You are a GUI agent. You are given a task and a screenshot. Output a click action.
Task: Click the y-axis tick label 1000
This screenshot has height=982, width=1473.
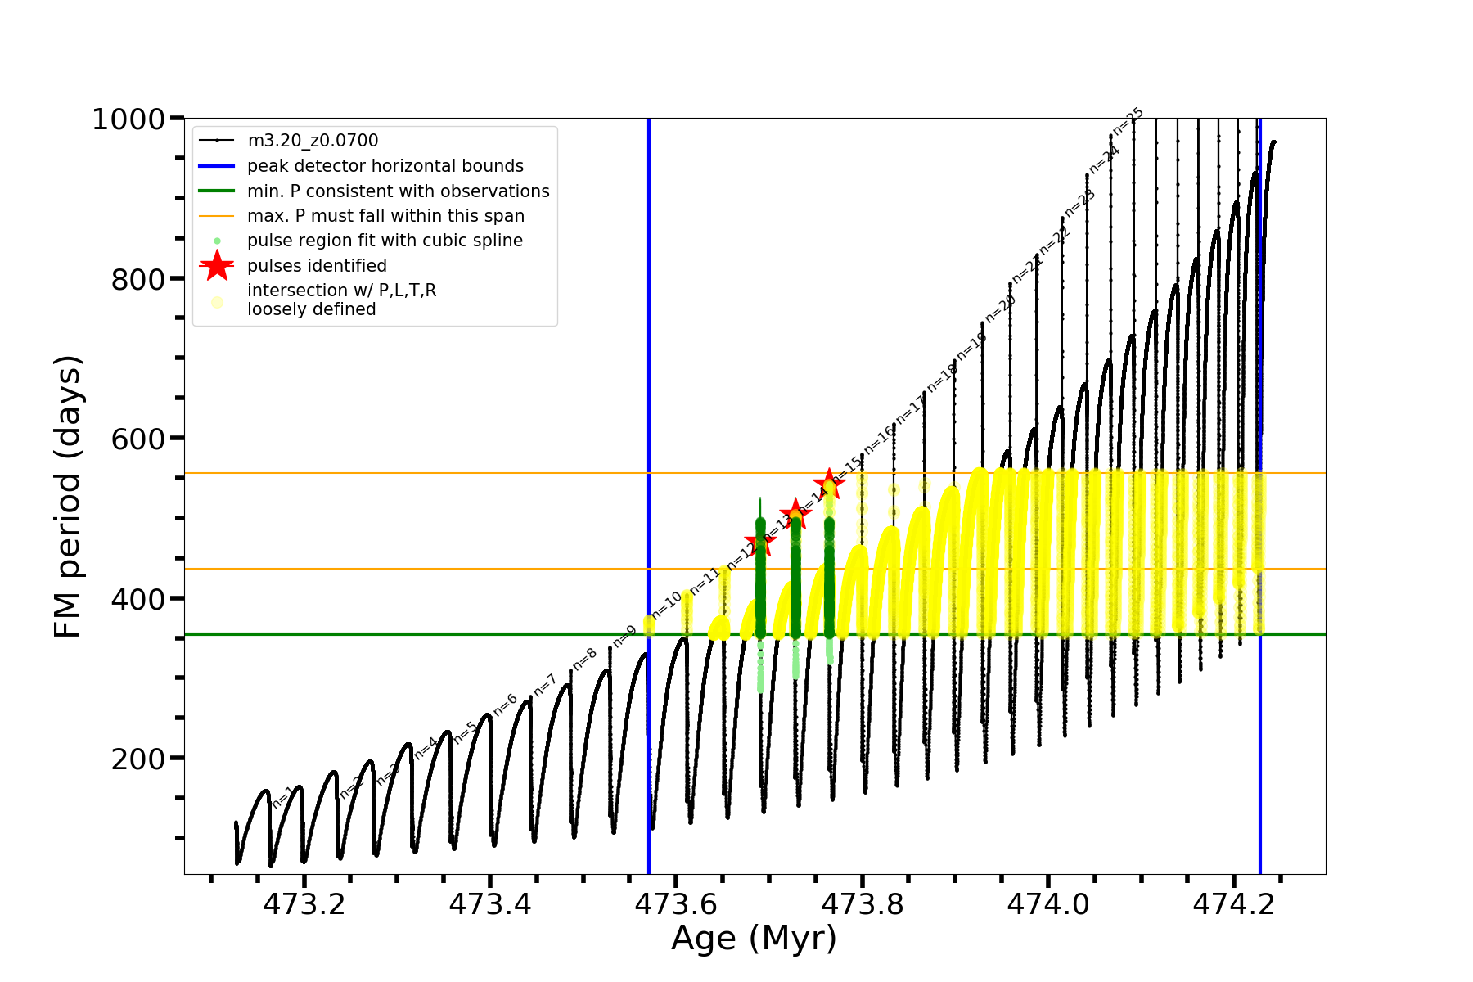point(128,119)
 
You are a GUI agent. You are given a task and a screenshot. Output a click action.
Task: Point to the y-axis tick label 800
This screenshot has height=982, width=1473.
point(137,280)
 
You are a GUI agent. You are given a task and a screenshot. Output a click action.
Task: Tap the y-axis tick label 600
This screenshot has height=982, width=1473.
point(137,439)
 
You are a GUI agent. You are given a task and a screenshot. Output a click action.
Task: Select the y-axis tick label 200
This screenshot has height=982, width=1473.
point(137,759)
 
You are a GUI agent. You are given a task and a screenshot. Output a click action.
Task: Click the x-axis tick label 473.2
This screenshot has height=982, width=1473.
point(304,904)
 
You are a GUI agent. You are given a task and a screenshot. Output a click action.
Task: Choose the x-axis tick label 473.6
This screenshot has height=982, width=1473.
point(676,904)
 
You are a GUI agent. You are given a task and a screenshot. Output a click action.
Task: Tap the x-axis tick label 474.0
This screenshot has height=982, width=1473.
point(1047,904)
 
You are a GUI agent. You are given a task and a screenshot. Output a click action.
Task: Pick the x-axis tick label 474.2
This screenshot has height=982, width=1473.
point(1233,904)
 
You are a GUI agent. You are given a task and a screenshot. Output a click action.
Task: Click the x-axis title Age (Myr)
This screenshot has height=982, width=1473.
point(754,939)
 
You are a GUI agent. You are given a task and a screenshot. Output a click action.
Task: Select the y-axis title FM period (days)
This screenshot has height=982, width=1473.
point(68,496)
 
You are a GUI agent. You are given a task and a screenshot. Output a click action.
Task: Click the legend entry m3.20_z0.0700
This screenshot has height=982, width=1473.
point(313,141)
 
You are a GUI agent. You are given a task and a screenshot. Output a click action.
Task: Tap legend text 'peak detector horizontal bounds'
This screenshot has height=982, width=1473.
point(385,166)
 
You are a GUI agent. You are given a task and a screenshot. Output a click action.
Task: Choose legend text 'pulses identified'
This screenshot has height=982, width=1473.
point(317,266)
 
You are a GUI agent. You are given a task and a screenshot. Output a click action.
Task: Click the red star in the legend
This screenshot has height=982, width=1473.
point(217,266)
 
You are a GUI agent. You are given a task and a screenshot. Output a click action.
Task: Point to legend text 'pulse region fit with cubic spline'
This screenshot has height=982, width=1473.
point(385,241)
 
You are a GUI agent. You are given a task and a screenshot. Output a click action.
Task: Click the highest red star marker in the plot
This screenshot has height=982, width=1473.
point(829,484)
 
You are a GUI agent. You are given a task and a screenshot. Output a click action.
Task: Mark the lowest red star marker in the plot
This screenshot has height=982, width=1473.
point(760,542)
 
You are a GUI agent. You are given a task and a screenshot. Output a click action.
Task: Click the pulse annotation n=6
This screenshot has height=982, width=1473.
point(505,705)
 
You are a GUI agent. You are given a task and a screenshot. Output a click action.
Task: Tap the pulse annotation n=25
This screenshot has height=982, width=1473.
point(1128,120)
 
